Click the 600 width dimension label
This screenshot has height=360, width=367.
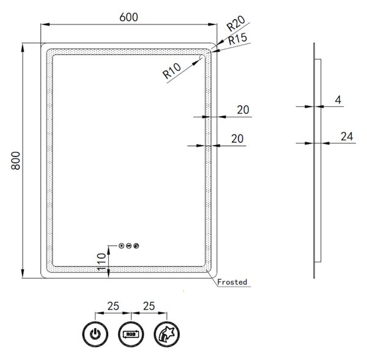point(128,17)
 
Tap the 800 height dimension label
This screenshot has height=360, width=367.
point(16,161)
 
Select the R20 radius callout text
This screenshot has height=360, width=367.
point(236,23)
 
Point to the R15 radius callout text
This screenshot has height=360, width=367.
point(237,39)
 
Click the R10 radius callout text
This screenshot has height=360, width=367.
point(172,71)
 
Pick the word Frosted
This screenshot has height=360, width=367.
point(232,282)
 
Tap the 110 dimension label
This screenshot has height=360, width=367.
point(102,262)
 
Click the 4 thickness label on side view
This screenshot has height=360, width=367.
point(338,100)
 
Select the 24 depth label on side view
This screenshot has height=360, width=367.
point(347,136)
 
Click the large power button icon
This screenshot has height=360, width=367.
point(95,334)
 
